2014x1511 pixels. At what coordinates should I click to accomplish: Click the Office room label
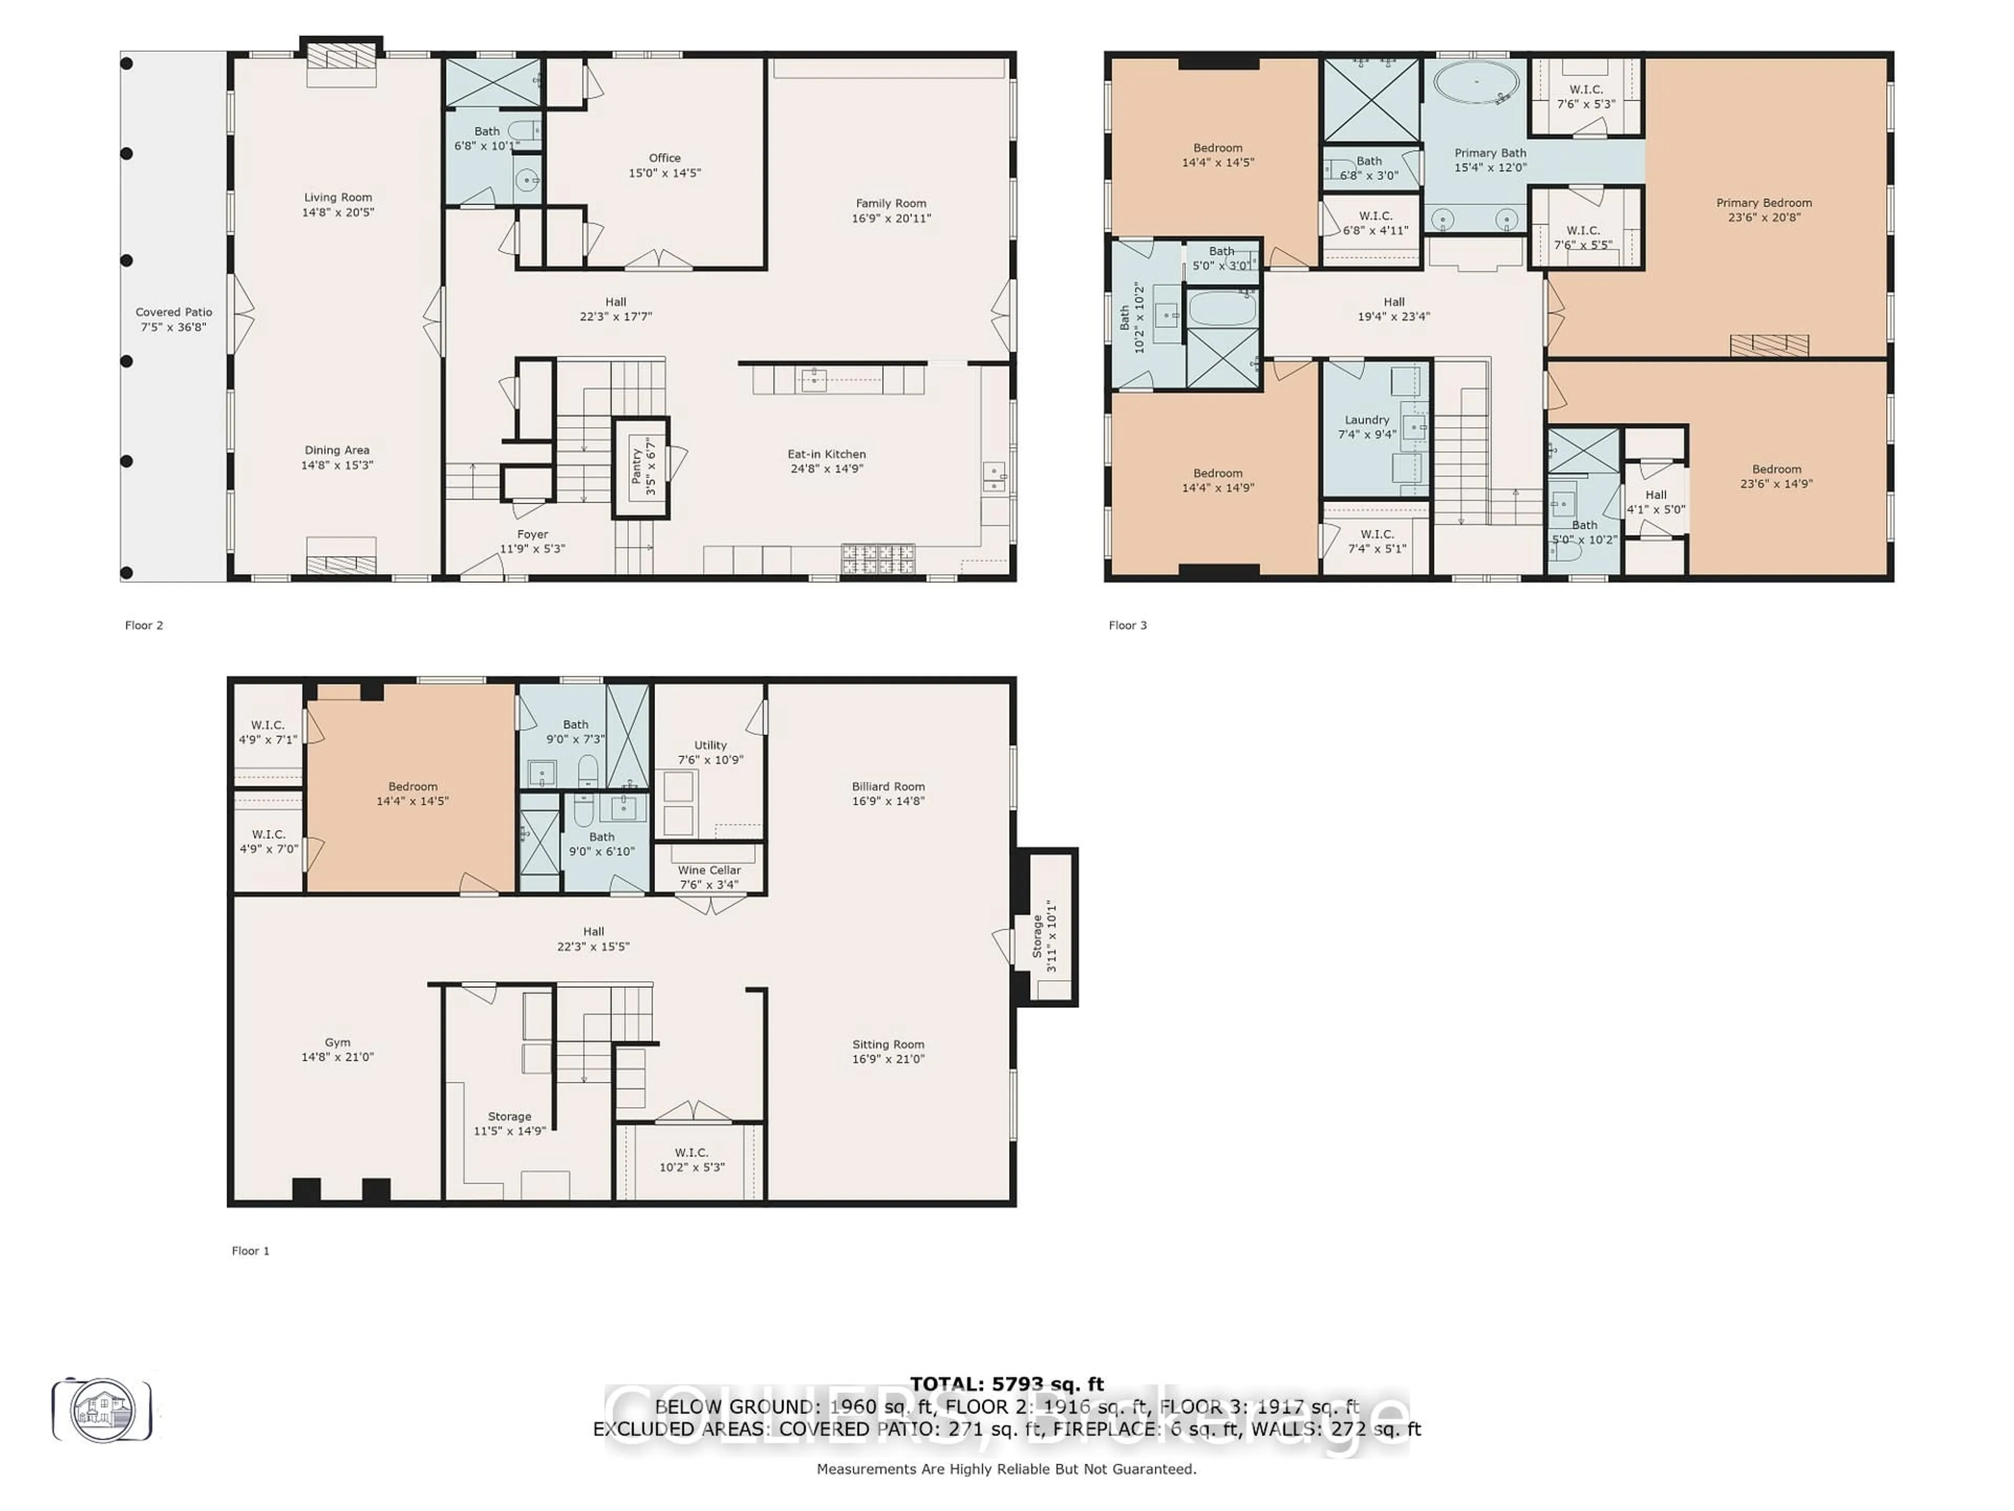pyautogui.click(x=665, y=158)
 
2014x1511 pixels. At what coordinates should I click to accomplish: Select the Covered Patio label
pyautogui.click(x=174, y=312)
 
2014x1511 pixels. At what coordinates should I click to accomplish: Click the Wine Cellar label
pyautogui.click(x=709, y=871)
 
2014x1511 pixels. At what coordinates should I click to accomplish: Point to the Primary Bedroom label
pyautogui.click(x=1764, y=203)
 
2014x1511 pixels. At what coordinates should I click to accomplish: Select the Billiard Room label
pyautogui.click(x=888, y=787)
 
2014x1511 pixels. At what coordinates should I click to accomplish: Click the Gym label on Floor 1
pyautogui.click(x=338, y=1043)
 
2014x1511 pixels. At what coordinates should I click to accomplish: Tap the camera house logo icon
pyautogui.click(x=102, y=1410)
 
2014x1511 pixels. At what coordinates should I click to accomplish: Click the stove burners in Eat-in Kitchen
pyautogui.click(x=877, y=558)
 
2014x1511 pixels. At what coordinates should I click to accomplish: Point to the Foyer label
pyautogui.click(x=533, y=535)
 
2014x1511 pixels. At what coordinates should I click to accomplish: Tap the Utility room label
pyautogui.click(x=710, y=745)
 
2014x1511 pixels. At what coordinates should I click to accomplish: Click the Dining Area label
pyautogui.click(x=337, y=450)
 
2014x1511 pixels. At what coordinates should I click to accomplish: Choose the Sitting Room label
pyautogui.click(x=888, y=1045)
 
